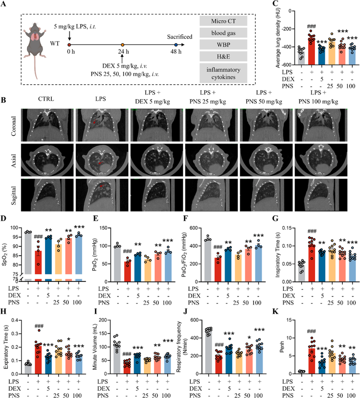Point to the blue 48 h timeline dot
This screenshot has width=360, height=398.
(175, 45)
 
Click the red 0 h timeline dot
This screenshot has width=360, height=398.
(68, 45)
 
